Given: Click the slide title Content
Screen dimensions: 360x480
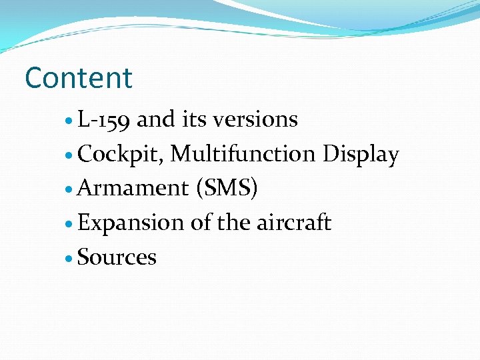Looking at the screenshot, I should [x=79, y=78].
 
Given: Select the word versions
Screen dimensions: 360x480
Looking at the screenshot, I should [x=256, y=120].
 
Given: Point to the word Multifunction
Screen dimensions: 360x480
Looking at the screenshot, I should [x=243, y=154].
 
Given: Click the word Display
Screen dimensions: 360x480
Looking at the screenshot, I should [x=360, y=155].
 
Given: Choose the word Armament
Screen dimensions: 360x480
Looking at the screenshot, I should [x=133, y=189].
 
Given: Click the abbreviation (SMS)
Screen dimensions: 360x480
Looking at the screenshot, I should [x=226, y=189].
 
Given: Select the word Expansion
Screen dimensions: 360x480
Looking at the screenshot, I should [x=131, y=223].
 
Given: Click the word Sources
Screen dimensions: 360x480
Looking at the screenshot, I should [x=117, y=257].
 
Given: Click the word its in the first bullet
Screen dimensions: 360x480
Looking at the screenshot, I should [x=194, y=120].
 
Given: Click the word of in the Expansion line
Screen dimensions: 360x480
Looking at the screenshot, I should [x=200, y=223].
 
